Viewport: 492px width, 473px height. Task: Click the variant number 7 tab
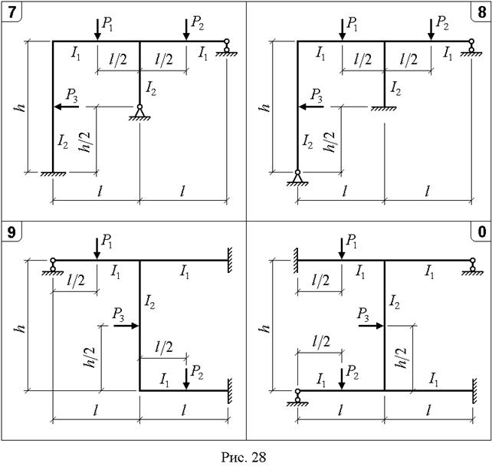[x=11, y=12]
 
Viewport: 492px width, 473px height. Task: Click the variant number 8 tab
[x=481, y=12]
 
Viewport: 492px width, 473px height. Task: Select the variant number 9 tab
[x=11, y=232]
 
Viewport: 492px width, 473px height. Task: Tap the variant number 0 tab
[x=481, y=232]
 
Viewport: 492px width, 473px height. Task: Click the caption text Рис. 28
[x=244, y=457]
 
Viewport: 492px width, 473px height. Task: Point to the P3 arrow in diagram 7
[x=67, y=107]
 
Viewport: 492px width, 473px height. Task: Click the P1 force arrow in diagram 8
[x=343, y=29]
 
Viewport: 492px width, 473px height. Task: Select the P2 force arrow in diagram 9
[x=186, y=379]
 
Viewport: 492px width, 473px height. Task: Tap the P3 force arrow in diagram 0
[x=371, y=326]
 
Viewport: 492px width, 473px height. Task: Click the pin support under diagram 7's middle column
[x=139, y=113]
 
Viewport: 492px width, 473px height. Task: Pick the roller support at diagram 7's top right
[x=227, y=47]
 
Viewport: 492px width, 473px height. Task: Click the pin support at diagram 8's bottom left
[x=297, y=178]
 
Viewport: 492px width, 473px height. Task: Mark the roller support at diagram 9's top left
[x=53, y=267]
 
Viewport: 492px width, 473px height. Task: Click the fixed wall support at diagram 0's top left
[x=295, y=260]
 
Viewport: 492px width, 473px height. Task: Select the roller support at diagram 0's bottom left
[x=297, y=397]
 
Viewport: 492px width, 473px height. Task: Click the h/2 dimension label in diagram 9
[x=90, y=357]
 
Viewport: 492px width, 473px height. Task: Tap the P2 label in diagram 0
[x=352, y=373]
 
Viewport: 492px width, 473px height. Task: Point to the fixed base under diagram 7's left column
[x=53, y=174]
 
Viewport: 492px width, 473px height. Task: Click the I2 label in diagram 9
[x=149, y=302]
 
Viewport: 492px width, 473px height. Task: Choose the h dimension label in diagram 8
[x=265, y=107]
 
